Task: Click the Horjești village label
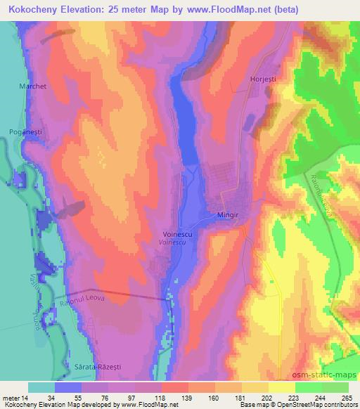[263, 79]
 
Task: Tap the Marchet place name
[30, 87]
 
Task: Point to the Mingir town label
[224, 216]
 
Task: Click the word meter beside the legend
[12, 398]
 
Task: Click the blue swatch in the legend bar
[69, 387]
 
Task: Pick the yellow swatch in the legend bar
[282, 387]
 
